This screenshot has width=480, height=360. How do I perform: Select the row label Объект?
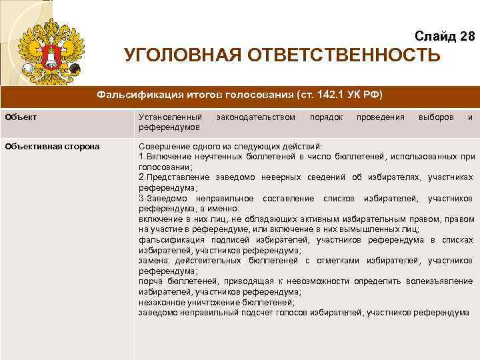tap(21, 117)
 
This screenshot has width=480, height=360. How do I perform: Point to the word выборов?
tap(436, 117)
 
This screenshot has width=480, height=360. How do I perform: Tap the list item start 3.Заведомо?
tap(163, 199)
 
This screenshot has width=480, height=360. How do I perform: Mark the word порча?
tap(151, 281)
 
